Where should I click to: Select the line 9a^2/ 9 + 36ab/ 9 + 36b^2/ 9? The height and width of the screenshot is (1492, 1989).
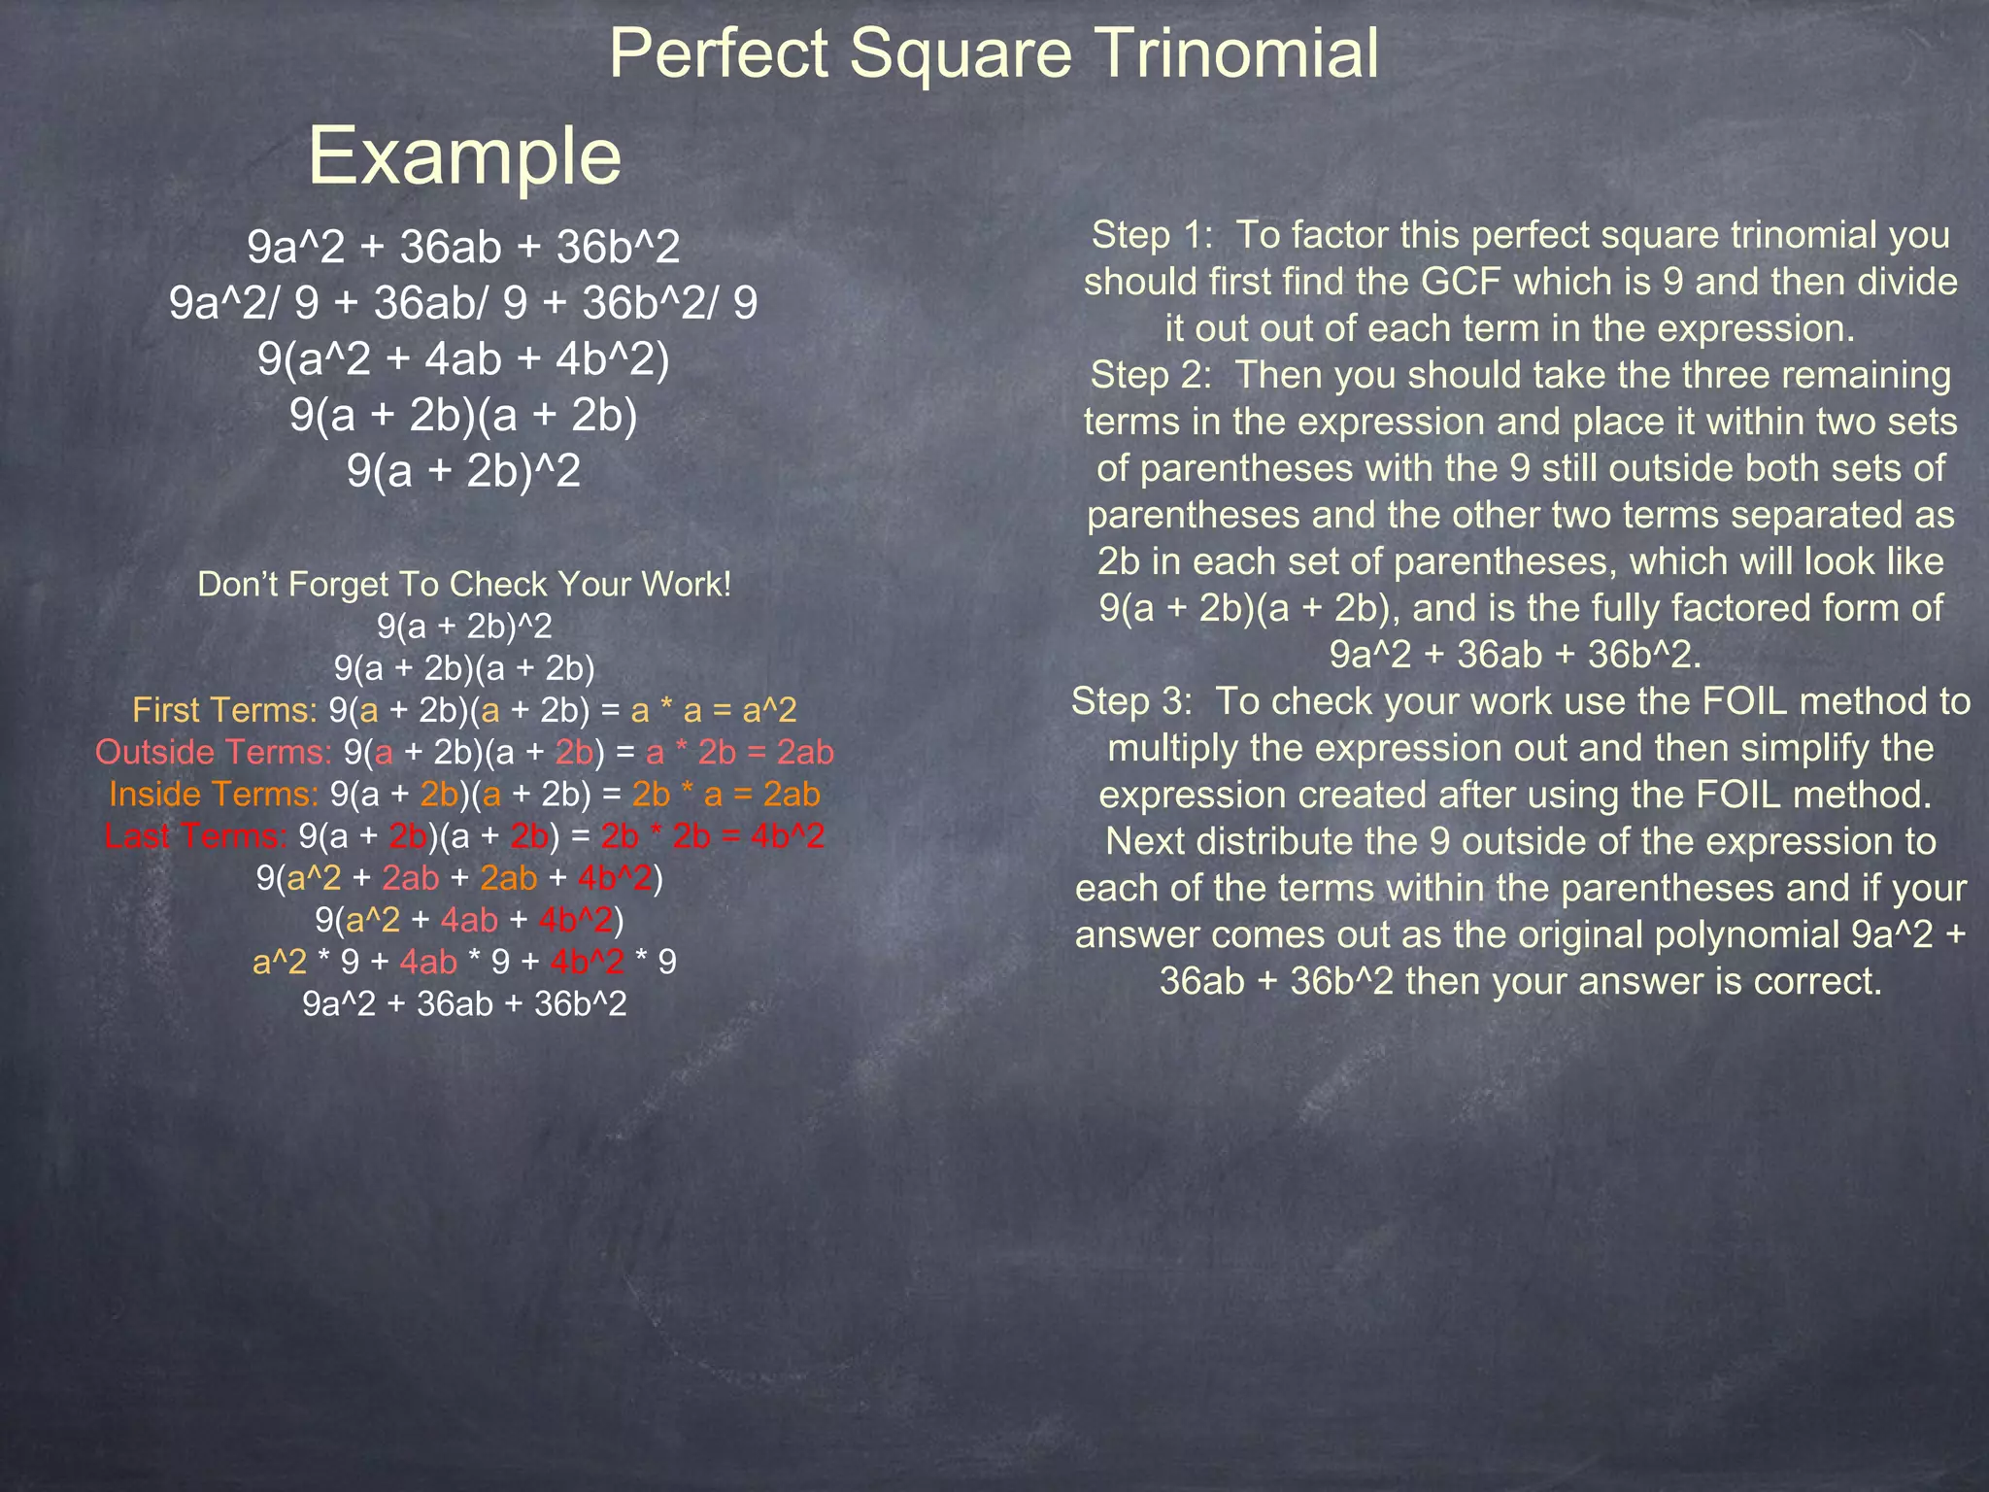(463, 303)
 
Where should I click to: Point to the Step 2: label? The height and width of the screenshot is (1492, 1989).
(1151, 375)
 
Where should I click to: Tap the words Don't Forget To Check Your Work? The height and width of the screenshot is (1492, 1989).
(463, 584)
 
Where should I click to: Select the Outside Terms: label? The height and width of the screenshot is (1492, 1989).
(214, 752)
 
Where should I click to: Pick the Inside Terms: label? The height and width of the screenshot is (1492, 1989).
(214, 794)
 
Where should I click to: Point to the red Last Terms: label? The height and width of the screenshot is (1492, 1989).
(195, 835)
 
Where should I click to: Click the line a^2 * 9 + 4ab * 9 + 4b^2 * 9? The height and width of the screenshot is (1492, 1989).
(464, 962)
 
